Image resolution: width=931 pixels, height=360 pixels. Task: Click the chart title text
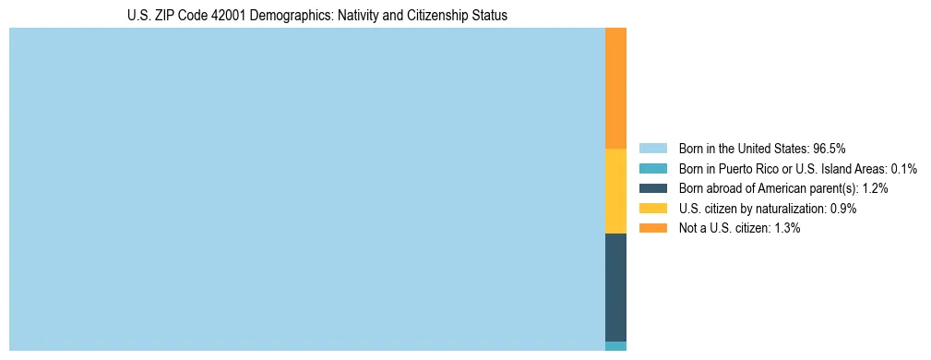pos(317,16)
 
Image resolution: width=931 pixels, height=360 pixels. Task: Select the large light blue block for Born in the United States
pos(306,189)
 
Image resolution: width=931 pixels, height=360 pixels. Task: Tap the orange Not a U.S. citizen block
pos(615,88)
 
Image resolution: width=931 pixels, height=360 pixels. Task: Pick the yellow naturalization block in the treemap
pos(615,191)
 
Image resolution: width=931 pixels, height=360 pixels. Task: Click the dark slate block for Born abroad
pos(615,287)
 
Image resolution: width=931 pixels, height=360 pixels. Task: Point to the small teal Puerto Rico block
pos(615,346)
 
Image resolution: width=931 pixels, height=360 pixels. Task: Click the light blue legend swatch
pos(652,148)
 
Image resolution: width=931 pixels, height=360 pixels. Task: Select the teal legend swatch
pos(652,168)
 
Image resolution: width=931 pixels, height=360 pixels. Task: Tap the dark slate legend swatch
pos(652,188)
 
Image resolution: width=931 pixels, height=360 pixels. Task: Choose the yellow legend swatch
pos(652,209)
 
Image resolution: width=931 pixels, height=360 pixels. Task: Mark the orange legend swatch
pos(652,228)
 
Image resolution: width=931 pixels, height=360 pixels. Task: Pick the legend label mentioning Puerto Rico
pos(784,168)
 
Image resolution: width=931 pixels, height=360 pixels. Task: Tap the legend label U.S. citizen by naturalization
pos(752,209)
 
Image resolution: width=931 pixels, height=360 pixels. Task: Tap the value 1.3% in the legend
pos(785,228)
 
